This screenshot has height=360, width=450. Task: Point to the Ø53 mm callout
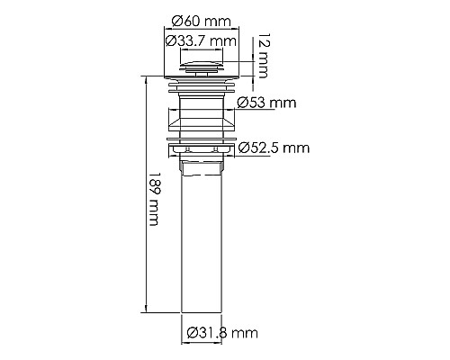266,103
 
